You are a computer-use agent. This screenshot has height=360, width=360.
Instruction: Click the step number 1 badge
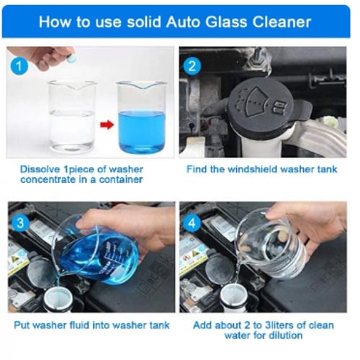pos(19,66)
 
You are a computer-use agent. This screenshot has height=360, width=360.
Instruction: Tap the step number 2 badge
pos(192,66)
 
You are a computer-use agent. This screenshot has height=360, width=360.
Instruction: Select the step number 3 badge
pos(20,223)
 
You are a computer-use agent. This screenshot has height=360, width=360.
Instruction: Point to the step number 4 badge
pos(192,223)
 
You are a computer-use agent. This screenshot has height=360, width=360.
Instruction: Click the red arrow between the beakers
pos(107,125)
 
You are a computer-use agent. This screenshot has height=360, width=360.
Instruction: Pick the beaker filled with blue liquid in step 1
pos(142,117)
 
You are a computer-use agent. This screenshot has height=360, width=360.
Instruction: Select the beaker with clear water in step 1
pos(72,117)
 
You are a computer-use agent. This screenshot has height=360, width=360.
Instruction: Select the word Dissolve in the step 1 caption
pos(40,169)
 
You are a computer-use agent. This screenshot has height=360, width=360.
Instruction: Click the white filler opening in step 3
pos(58,300)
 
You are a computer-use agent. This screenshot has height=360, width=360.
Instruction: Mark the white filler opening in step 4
pos(233,299)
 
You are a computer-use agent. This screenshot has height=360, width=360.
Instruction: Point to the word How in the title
pos(55,22)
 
